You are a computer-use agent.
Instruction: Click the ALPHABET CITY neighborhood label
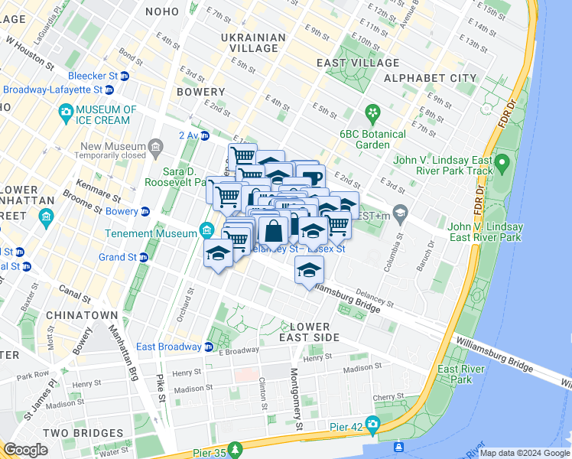tap(431, 78)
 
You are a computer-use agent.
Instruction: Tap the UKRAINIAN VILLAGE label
tap(253, 44)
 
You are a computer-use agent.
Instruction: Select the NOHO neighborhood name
tap(160, 11)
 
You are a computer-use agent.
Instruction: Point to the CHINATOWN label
tap(82, 315)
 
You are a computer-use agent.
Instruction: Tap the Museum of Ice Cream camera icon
tap(66, 114)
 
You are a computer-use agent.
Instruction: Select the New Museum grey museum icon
tap(156, 146)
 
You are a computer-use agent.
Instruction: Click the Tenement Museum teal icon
tap(206, 229)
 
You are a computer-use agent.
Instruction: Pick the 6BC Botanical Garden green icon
tap(372, 113)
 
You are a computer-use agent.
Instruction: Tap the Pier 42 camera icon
tap(372, 423)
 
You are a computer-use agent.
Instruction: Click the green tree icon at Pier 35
tap(236, 448)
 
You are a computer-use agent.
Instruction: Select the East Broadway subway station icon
tap(208, 347)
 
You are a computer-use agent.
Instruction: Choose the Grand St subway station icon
tap(144, 257)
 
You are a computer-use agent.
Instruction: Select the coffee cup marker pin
tap(311, 178)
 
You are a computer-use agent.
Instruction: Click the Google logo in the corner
tap(27, 450)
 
